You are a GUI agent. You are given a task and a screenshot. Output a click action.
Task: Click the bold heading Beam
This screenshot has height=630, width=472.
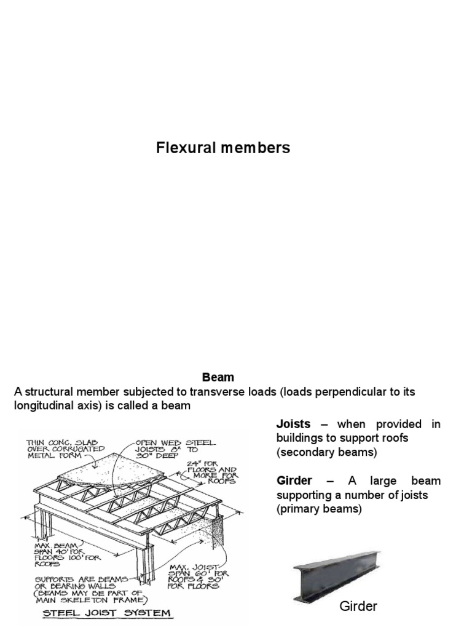coord(218,377)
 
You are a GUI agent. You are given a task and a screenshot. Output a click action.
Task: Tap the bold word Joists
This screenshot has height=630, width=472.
coord(293,425)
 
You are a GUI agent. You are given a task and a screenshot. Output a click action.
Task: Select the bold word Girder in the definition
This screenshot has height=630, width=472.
coord(294,480)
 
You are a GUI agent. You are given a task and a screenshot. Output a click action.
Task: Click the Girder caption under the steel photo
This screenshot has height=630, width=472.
coord(358,607)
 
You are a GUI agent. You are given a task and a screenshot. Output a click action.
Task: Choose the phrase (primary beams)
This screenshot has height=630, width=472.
coord(319,509)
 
